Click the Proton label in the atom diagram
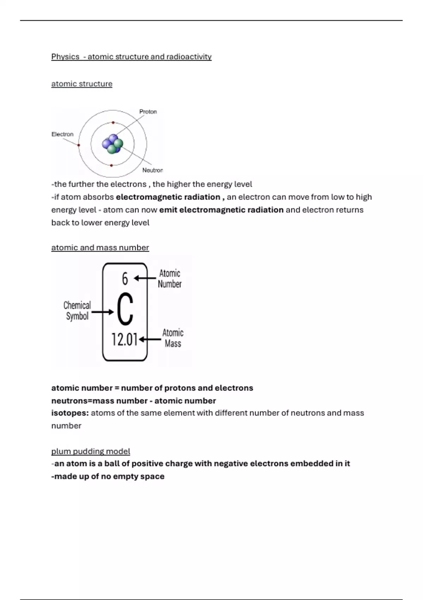(x=148, y=112)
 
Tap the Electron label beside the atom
(x=62, y=134)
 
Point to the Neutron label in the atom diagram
(x=152, y=170)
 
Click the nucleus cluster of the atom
(x=112, y=144)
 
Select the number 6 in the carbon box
(x=125, y=279)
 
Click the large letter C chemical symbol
(x=125, y=310)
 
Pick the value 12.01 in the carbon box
(x=124, y=340)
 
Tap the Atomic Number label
(x=170, y=278)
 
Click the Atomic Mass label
(x=173, y=338)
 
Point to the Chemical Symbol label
(x=77, y=311)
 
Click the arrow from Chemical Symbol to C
(x=103, y=312)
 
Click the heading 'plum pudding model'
(x=91, y=451)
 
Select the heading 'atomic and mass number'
(x=100, y=248)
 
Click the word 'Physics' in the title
(x=65, y=57)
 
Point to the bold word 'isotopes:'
(x=70, y=413)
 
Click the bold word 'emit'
(x=168, y=210)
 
